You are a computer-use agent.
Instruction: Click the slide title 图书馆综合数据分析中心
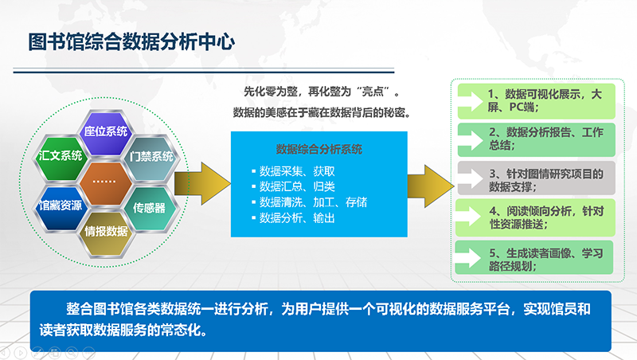[x=131, y=41]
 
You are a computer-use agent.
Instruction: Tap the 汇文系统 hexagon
[x=61, y=156]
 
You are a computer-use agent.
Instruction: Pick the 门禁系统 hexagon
[x=150, y=156]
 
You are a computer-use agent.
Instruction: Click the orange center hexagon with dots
[x=106, y=182]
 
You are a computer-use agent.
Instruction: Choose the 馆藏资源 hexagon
[x=61, y=206]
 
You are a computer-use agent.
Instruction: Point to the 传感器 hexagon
[x=150, y=208]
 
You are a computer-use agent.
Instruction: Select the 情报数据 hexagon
[x=106, y=232]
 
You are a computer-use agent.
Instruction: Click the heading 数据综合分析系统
[x=318, y=148]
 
